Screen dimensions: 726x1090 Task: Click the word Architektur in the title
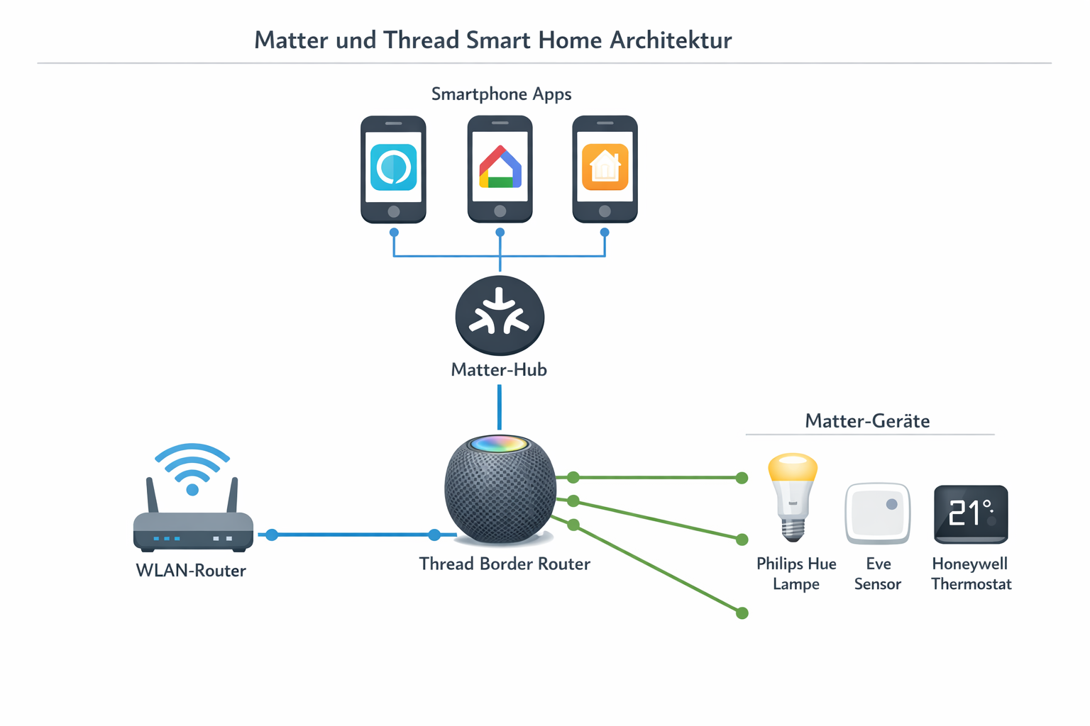tap(671, 40)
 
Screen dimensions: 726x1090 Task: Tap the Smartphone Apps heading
tap(501, 94)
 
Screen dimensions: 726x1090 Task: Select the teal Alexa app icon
tap(394, 167)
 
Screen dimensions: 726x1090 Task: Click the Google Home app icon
tap(500, 167)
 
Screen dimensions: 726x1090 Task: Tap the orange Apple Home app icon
tap(605, 167)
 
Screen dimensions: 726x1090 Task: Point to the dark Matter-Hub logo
tap(500, 315)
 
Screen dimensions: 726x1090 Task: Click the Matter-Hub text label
tap(499, 369)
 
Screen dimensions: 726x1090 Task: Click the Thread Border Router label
tap(505, 564)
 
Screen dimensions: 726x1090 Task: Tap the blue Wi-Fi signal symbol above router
tap(192, 468)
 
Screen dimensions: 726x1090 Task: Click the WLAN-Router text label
tap(191, 571)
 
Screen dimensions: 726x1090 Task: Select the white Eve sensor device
tap(878, 513)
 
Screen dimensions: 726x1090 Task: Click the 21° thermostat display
tap(971, 513)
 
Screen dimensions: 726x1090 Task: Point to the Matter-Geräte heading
tap(867, 421)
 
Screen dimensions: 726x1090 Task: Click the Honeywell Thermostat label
tap(971, 574)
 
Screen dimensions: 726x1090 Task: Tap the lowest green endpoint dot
tap(742, 613)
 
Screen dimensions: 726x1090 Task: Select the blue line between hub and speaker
tap(500, 408)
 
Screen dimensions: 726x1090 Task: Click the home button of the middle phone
tap(500, 211)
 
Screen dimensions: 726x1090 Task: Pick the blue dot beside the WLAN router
tap(272, 535)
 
